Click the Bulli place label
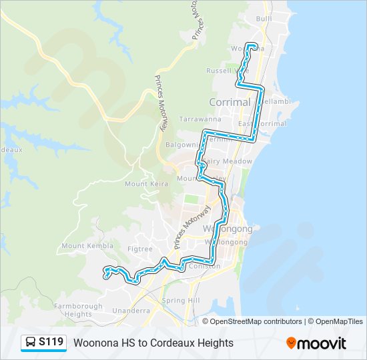tap(264, 19)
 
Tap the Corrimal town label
tap(230, 102)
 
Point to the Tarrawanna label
tap(196, 119)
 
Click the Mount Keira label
tap(145, 184)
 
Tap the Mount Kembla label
tap(82, 245)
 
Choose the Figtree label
tap(141, 248)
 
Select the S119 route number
tap(51, 343)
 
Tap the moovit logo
tap(316, 343)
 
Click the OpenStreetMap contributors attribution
tap(256, 321)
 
